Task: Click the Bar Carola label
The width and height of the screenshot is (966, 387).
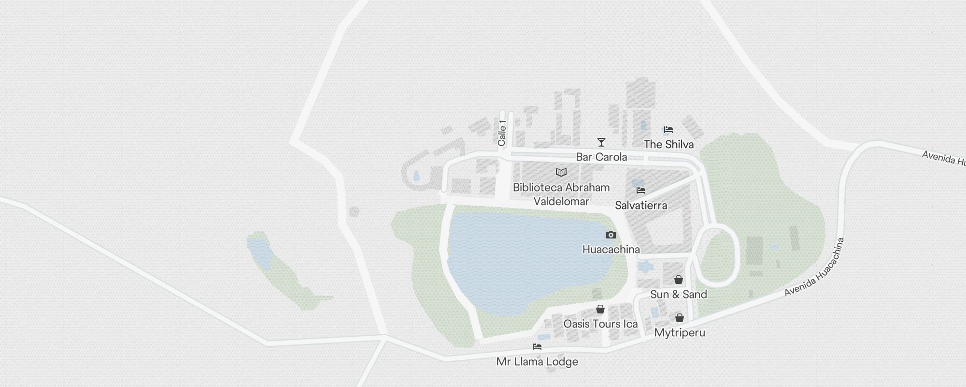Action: pyautogui.click(x=601, y=157)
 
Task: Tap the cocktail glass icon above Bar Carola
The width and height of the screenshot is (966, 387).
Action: pyautogui.click(x=601, y=142)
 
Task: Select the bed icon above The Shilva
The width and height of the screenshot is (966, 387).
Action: pyautogui.click(x=668, y=130)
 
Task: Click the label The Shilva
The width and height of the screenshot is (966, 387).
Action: pyautogui.click(x=668, y=144)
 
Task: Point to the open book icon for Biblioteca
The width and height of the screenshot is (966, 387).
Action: pyautogui.click(x=561, y=172)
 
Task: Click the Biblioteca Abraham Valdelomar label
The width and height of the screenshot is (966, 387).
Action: pyautogui.click(x=561, y=194)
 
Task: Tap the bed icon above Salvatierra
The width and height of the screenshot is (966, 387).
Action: pyautogui.click(x=641, y=191)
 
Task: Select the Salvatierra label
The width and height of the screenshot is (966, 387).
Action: pyautogui.click(x=641, y=205)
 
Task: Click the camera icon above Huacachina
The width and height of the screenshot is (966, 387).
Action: pyautogui.click(x=611, y=235)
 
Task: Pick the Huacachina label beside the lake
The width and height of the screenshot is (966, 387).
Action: pyautogui.click(x=611, y=250)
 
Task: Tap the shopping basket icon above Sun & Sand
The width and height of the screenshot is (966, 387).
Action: pyautogui.click(x=679, y=280)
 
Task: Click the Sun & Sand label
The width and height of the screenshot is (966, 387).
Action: pyautogui.click(x=679, y=294)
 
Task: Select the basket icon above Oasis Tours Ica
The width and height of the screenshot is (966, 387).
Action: pyautogui.click(x=600, y=309)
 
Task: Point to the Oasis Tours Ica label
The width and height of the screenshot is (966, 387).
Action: pyautogui.click(x=600, y=324)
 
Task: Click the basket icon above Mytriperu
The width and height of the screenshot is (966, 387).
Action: pyautogui.click(x=680, y=318)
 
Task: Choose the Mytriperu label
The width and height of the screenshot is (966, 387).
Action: pyautogui.click(x=680, y=333)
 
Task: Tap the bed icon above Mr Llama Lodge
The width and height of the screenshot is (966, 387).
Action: pyautogui.click(x=537, y=347)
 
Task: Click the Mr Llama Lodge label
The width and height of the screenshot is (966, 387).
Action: pyautogui.click(x=537, y=362)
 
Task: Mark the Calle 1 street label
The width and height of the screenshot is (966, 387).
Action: pyautogui.click(x=502, y=133)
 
